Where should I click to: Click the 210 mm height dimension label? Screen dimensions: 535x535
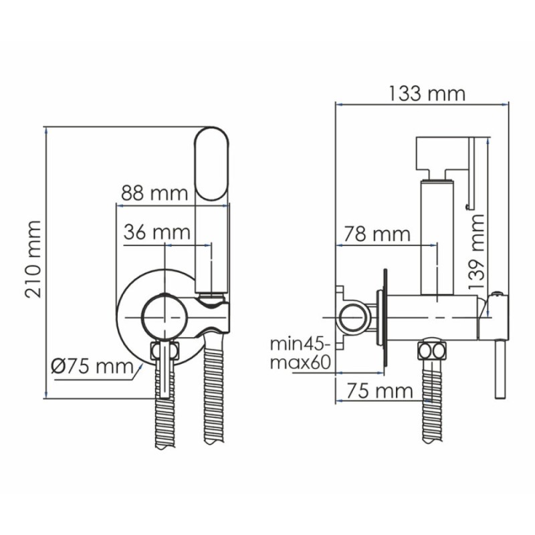[x=33, y=259]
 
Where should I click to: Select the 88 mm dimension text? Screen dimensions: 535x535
[x=154, y=193]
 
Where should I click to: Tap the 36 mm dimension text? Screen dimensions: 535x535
[x=156, y=232]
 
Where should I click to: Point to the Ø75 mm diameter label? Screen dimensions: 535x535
[x=92, y=366]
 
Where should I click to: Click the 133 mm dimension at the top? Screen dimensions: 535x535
[x=427, y=93]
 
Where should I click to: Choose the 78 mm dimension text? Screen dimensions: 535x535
[x=377, y=234]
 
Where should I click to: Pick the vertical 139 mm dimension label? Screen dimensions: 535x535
[x=477, y=253]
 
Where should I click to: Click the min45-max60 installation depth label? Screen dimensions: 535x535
[x=300, y=354]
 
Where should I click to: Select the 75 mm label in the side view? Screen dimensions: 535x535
[x=379, y=391]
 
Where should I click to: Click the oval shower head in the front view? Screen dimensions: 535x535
[x=212, y=164]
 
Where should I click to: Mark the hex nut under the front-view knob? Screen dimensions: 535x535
[x=165, y=350]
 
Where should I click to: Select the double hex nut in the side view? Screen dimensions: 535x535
[x=432, y=349]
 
